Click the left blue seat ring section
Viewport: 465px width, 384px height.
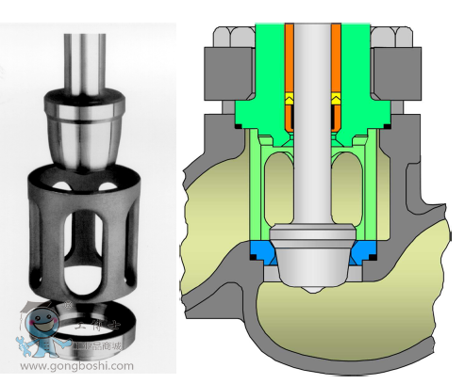point(264,251)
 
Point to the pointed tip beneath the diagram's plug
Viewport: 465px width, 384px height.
point(310,285)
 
